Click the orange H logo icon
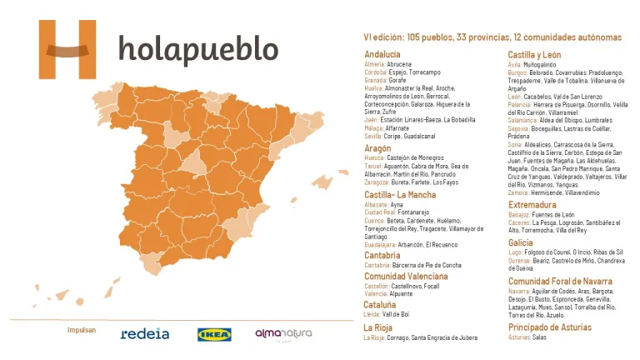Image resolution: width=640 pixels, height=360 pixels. point(67,49)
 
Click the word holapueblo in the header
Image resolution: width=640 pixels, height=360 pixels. point(198,50)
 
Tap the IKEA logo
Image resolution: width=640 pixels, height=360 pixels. point(214,334)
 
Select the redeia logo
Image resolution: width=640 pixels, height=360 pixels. point(145,334)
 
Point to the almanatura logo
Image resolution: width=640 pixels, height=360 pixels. point(283,334)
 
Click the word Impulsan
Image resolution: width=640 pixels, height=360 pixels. point(82,331)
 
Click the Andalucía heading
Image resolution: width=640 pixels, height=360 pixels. point(382,54)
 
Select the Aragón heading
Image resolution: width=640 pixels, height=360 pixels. point(377,147)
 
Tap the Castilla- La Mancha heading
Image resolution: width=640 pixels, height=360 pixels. point(399,194)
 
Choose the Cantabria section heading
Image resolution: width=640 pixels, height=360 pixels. point(384,255)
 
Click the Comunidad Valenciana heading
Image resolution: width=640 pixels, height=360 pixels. point(407,276)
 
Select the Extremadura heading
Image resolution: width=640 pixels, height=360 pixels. point(533,204)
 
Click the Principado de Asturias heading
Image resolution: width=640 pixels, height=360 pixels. point(550,327)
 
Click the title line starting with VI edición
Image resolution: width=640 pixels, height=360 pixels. point(492,37)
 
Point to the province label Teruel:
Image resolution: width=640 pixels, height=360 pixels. point(375,166)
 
